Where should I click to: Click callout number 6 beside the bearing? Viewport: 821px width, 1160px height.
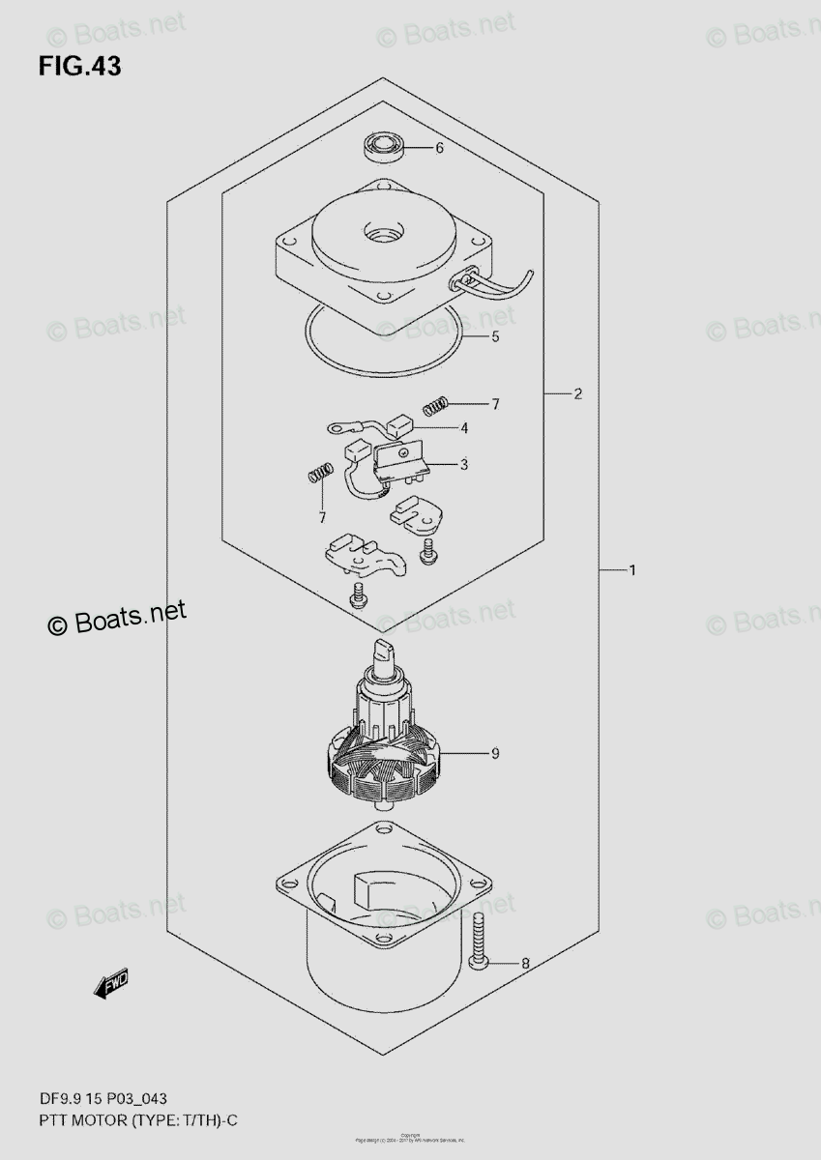click(x=439, y=149)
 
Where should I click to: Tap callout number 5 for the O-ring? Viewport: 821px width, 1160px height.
click(x=495, y=338)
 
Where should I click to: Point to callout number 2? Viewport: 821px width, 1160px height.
click(x=577, y=394)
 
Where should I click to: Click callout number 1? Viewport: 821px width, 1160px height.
click(x=631, y=571)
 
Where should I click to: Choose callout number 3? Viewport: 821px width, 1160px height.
click(x=464, y=465)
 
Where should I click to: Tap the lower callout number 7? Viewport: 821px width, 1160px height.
click(x=322, y=518)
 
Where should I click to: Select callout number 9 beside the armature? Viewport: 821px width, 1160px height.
click(x=494, y=754)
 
